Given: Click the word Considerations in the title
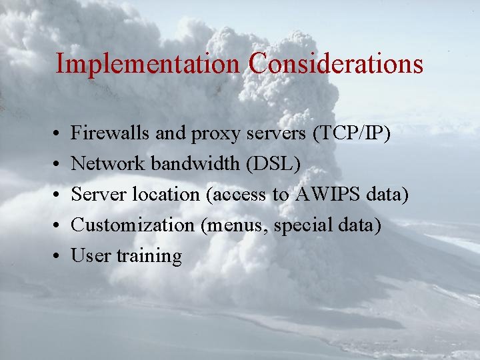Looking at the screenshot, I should [x=336, y=64].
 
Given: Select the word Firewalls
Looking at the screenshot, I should [x=111, y=133].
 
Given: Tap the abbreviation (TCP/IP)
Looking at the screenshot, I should [x=351, y=133].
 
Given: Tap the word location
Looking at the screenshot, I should [x=166, y=194].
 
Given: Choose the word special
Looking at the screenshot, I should [x=298, y=225].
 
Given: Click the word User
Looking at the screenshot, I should [x=91, y=255].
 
